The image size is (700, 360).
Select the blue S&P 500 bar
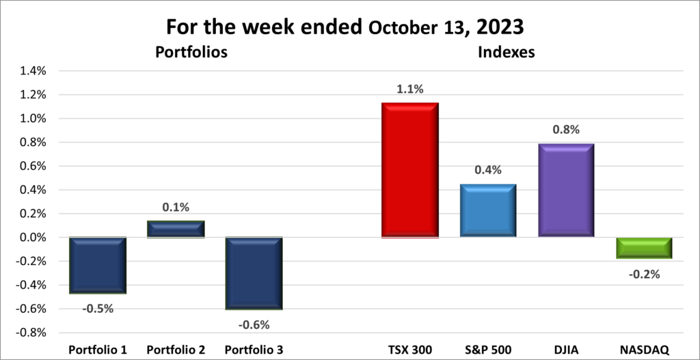487,210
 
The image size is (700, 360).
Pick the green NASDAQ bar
643,248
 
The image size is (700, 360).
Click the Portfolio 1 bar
98,265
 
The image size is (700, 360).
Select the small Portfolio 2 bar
176,229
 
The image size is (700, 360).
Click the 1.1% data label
410,89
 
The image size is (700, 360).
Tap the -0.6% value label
254,324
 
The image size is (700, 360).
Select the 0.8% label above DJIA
566,129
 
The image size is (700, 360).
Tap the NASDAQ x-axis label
643,350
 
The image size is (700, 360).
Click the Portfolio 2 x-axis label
176,350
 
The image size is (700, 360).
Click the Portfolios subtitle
191,52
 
